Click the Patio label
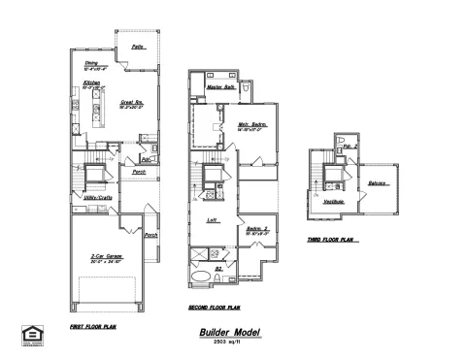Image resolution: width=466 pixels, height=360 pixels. pyautogui.click(x=138, y=48)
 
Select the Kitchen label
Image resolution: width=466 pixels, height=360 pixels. pyautogui.click(x=91, y=84)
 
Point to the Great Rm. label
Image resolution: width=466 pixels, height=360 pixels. pyautogui.click(x=133, y=102)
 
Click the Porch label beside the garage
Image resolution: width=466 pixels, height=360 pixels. pyautogui.click(x=150, y=235)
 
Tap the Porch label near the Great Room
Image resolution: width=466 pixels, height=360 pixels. pyautogui.click(x=139, y=174)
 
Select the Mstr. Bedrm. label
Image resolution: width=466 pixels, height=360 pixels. pyautogui.click(x=251, y=124)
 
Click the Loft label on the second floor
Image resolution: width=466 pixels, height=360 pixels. pyautogui.click(x=213, y=220)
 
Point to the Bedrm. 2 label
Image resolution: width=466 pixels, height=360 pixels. pyautogui.click(x=256, y=228)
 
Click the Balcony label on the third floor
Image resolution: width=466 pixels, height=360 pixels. pyautogui.click(x=379, y=182)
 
